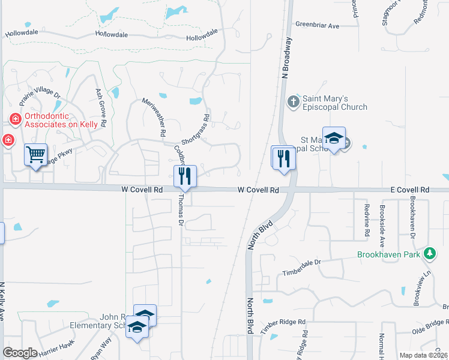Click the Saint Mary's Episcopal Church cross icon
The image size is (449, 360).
click(x=293, y=101)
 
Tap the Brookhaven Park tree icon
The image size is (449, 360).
click(x=429, y=254)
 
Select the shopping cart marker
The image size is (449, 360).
click(x=35, y=155)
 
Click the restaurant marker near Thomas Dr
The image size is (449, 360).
click(x=185, y=176)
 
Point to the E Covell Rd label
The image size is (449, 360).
click(x=409, y=190)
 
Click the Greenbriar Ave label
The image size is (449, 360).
click(x=317, y=26)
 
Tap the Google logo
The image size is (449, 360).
click(x=20, y=353)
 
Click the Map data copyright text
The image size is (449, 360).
click(x=423, y=355)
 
